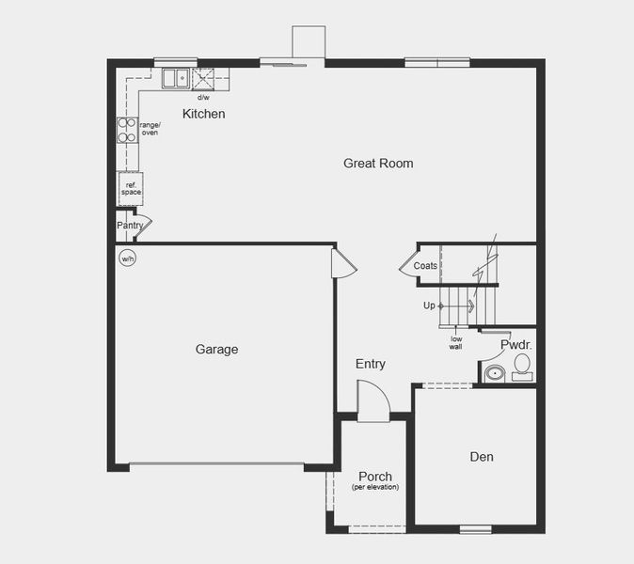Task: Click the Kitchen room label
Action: (203, 115)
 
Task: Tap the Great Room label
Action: (377, 164)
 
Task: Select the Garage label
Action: (216, 350)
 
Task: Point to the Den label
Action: (482, 457)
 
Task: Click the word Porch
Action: (375, 477)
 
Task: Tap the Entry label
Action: (370, 364)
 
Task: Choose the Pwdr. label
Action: (515, 345)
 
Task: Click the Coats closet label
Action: (425, 266)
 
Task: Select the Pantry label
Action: (130, 226)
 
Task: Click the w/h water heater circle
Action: (127, 258)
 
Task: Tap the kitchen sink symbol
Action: (175, 78)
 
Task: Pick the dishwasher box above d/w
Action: (204, 79)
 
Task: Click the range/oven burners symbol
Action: (127, 130)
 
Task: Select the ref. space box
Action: (130, 188)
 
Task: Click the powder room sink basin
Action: (494, 374)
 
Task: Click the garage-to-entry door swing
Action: (343, 262)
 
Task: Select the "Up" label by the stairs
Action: (429, 305)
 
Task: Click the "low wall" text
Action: (455, 342)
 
